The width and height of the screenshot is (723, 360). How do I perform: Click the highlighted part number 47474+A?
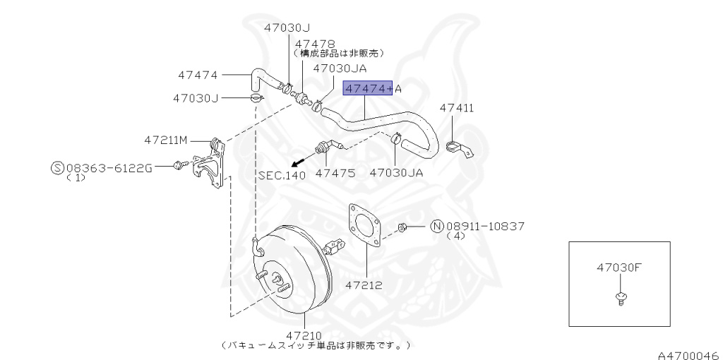371,88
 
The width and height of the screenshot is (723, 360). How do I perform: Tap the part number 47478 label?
314,44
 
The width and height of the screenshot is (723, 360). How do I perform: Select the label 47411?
456,108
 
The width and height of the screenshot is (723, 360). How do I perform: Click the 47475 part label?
335,172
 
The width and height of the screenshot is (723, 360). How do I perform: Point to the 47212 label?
364,286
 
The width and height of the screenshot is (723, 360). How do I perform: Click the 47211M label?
166,140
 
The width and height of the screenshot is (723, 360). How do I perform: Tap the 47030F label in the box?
619,268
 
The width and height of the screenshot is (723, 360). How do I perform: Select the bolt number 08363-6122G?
109,168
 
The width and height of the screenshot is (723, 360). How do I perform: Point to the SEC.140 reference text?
282,176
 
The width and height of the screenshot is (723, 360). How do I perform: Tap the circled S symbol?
57,168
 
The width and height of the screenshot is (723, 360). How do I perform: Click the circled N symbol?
436,226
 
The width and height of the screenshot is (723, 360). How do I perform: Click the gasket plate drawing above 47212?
366,224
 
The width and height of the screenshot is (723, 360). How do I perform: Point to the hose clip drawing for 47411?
460,149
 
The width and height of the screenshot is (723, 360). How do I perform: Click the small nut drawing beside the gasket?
401,227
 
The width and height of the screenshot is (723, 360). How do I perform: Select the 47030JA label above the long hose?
340,68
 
